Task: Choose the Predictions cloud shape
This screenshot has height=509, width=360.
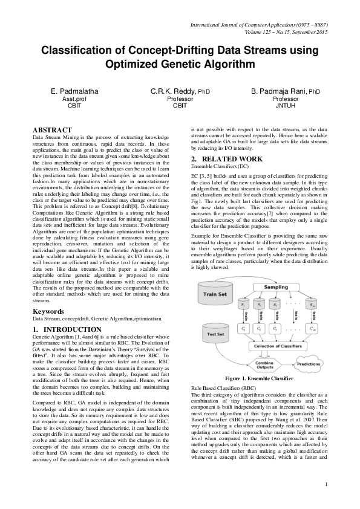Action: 309,364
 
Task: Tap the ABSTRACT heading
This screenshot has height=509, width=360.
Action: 52,130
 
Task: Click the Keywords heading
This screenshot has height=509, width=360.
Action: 49,311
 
